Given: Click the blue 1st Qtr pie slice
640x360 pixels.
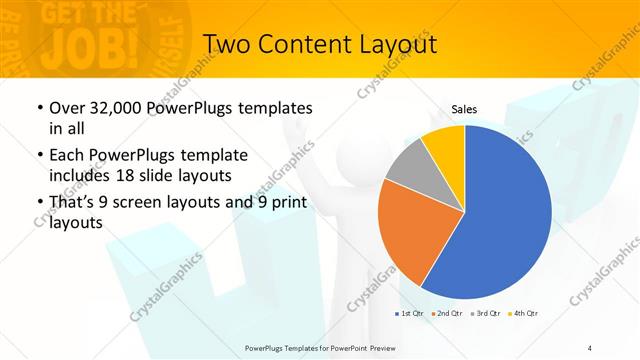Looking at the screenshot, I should (x=510, y=215).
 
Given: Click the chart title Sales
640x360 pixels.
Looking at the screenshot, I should (x=464, y=110).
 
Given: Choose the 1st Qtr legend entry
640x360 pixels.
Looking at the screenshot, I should (x=410, y=313).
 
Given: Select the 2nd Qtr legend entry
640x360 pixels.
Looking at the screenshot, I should (x=446, y=313).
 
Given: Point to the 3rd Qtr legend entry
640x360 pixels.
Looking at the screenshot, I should (x=484, y=313).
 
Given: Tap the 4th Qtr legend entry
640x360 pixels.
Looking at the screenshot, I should (x=522, y=313).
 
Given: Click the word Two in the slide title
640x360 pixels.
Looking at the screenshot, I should (x=229, y=45).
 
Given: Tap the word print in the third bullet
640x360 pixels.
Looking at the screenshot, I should (x=287, y=204).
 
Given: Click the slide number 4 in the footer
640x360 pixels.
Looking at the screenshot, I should (x=590, y=346).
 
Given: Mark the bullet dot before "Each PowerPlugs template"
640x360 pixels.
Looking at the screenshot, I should (x=38, y=156).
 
